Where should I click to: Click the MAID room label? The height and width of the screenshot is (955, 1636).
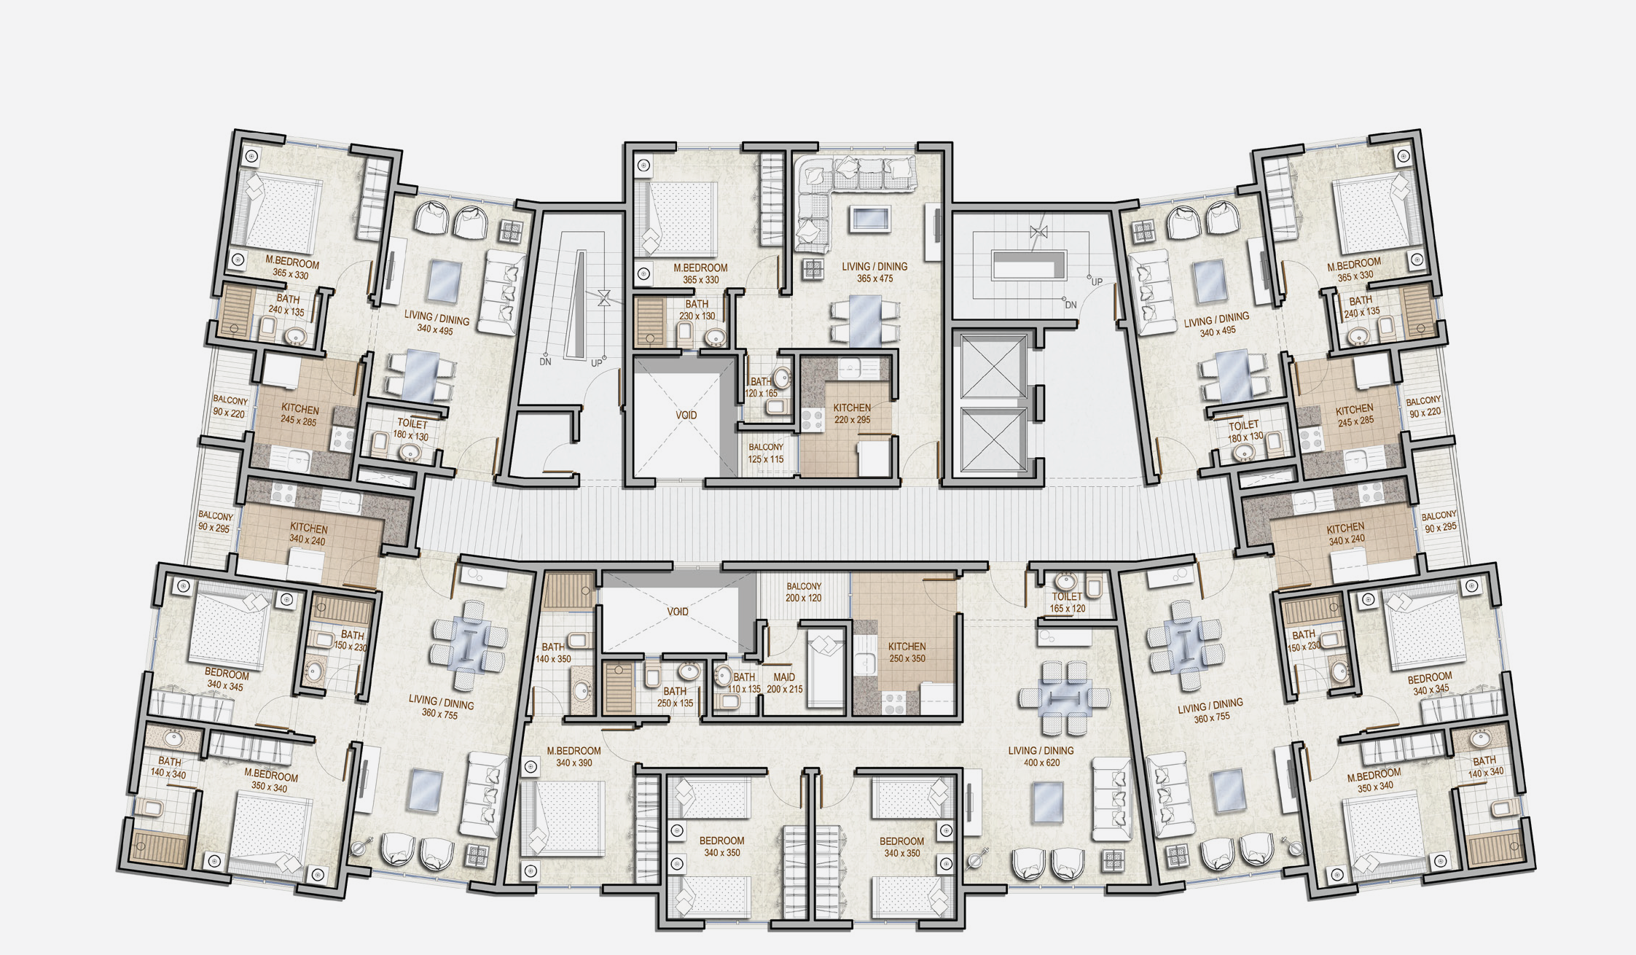(x=784, y=677)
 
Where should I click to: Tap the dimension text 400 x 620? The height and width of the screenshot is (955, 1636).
(x=1041, y=763)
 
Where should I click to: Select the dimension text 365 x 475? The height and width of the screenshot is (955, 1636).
(x=874, y=278)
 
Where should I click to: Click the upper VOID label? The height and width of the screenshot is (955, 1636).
(x=686, y=415)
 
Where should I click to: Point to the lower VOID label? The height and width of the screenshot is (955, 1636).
(x=678, y=612)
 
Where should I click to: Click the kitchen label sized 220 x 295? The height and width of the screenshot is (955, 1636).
(x=852, y=408)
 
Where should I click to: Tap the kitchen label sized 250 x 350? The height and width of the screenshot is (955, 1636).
(x=907, y=646)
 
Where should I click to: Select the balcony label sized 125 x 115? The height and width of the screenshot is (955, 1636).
(x=766, y=447)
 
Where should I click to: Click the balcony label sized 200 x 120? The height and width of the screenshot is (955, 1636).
(x=804, y=586)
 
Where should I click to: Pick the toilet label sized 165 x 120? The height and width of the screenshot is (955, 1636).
(x=1067, y=596)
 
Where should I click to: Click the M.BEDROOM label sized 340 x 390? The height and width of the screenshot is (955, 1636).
(x=574, y=750)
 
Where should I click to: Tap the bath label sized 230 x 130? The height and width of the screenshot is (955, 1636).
(x=697, y=304)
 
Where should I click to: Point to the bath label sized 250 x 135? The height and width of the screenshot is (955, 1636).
(x=675, y=691)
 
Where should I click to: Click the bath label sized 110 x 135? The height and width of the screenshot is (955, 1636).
(x=744, y=677)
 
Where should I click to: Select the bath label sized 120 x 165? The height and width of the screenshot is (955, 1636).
(x=761, y=381)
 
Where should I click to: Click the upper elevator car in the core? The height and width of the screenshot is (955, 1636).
(x=993, y=367)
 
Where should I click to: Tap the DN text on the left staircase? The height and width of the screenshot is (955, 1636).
(x=545, y=362)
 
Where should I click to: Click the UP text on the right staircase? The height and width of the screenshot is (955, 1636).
(x=1097, y=282)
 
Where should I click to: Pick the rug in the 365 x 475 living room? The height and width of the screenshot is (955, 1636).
(x=869, y=218)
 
